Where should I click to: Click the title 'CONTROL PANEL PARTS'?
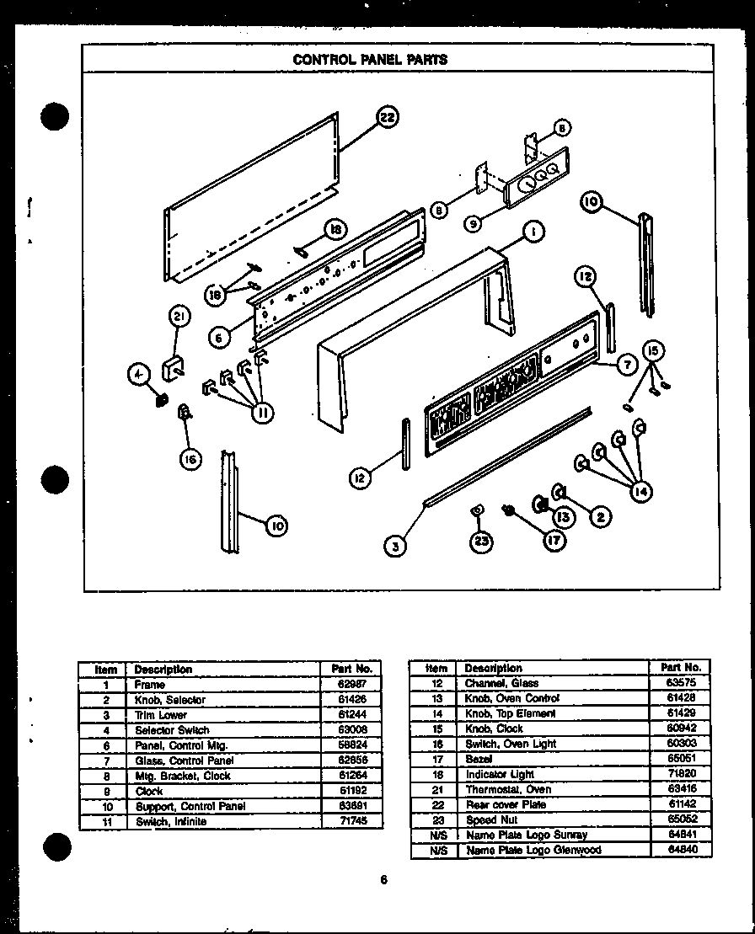[369, 60]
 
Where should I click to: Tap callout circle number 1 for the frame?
[532, 233]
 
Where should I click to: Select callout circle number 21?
[178, 318]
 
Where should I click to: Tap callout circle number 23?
[481, 542]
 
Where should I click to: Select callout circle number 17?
[553, 542]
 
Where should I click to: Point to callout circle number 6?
[218, 337]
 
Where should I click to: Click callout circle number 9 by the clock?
[474, 224]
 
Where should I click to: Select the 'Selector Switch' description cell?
[172, 730]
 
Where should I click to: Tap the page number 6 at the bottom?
[383, 880]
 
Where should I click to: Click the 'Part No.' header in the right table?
[681, 667]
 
